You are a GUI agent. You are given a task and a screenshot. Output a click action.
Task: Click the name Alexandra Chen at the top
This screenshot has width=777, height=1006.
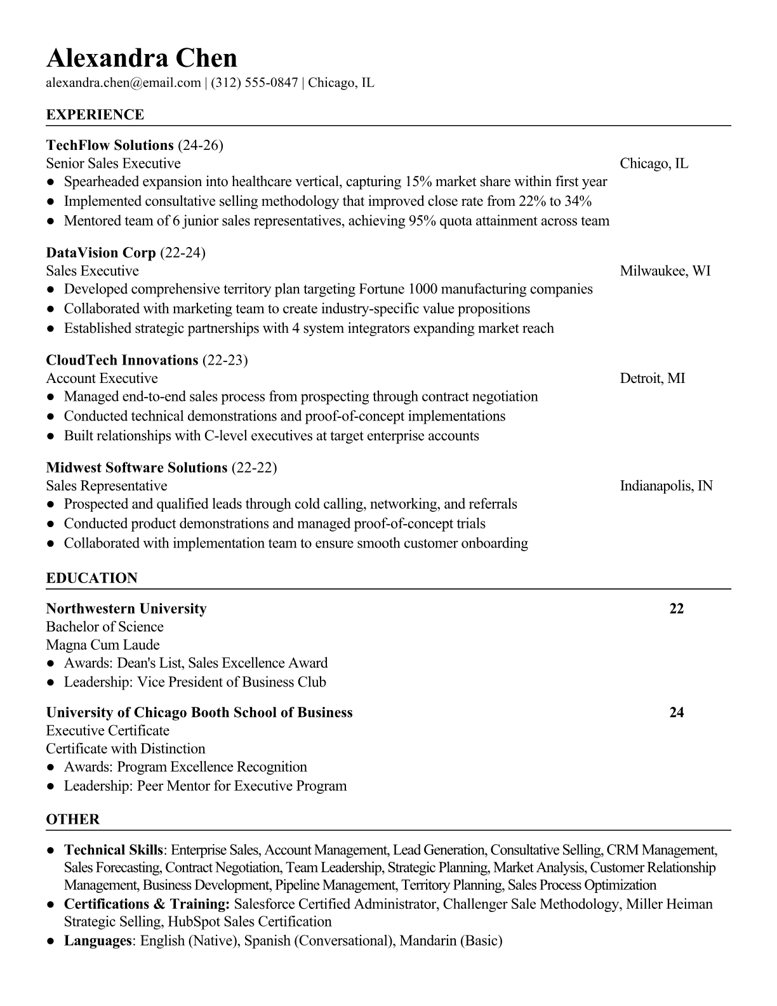(142, 58)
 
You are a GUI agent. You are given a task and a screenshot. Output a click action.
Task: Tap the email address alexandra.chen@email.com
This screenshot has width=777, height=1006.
(123, 83)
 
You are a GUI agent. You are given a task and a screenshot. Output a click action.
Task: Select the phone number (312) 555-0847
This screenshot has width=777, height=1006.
(254, 83)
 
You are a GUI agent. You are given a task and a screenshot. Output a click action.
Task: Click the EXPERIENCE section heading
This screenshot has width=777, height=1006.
(95, 115)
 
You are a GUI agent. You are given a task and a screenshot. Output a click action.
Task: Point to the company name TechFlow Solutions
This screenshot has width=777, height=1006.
(110, 145)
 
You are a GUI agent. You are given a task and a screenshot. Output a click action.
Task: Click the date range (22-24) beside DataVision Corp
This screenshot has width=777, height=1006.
(183, 253)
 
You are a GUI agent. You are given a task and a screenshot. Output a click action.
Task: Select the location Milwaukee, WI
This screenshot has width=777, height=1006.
(665, 271)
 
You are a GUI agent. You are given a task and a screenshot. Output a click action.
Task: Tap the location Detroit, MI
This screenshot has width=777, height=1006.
(652, 379)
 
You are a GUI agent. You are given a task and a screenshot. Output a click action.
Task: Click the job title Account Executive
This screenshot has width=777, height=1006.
(102, 379)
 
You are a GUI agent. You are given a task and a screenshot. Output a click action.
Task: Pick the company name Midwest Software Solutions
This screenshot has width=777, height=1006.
(136, 468)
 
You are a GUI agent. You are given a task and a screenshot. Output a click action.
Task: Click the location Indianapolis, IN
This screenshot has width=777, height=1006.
(666, 486)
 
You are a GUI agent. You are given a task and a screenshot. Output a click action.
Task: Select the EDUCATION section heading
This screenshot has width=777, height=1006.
(91, 579)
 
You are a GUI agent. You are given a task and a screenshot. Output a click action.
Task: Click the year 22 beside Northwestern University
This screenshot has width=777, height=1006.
(677, 609)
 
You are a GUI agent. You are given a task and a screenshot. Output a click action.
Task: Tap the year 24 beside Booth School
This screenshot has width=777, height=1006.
(677, 713)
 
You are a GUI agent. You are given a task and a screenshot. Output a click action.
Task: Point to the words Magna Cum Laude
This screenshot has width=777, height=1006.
(103, 645)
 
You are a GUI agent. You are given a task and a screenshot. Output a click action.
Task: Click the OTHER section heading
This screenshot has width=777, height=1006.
(73, 819)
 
